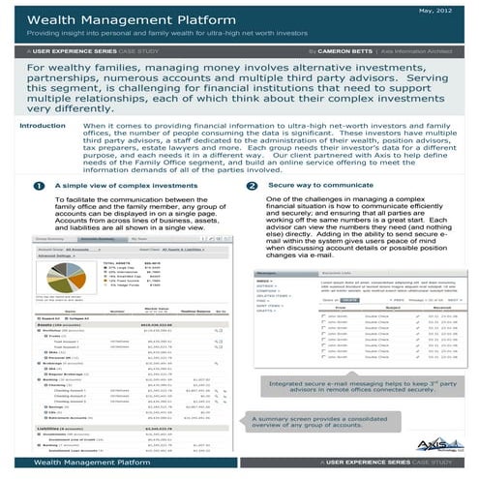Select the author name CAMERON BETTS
(x=341, y=47)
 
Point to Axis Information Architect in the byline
(x=421, y=47)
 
